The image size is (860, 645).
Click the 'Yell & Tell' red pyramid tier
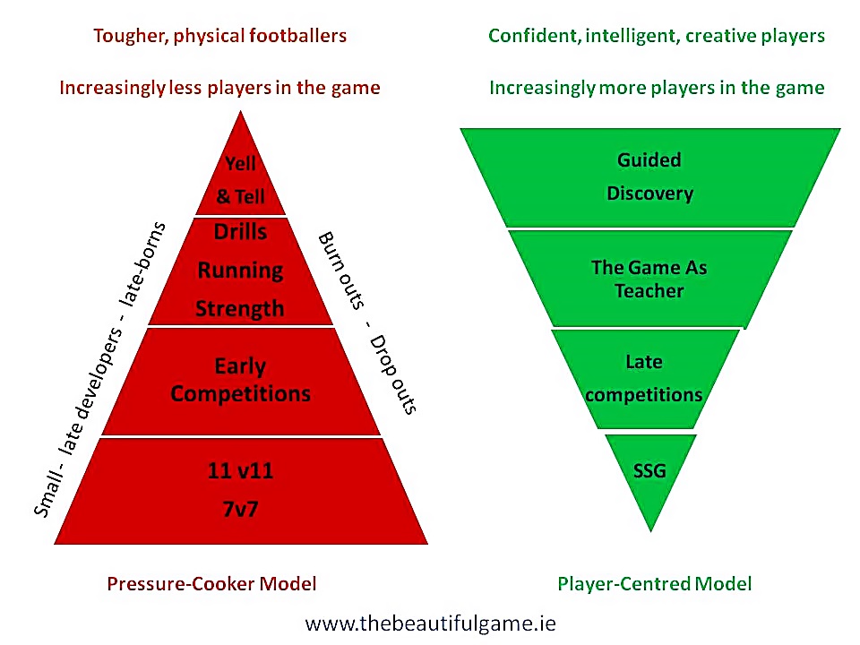[240, 179]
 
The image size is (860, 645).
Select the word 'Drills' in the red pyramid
[240, 231]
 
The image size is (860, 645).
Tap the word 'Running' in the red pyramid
[240, 270]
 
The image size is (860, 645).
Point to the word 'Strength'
[240, 308]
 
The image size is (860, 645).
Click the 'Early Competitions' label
[240, 380]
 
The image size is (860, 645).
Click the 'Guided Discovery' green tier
[649, 176]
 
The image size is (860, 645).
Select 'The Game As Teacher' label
[649, 279]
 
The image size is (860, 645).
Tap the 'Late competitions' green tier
[649, 378]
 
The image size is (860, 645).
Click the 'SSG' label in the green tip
[649, 469]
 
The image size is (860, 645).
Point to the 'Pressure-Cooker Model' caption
[211, 583]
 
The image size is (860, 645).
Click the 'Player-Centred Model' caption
[654, 583]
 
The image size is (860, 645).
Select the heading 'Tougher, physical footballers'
[219, 36]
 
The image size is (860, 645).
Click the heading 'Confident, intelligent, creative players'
[657, 36]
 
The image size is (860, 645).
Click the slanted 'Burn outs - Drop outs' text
[366, 322]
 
